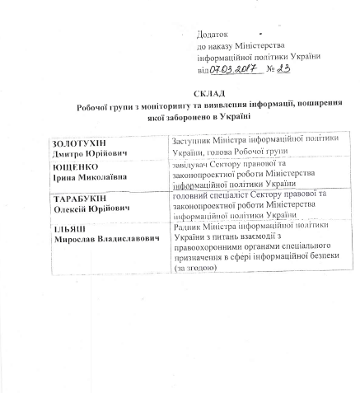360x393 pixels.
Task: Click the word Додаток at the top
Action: point(214,34)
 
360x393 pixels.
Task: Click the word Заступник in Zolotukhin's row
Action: point(191,142)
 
